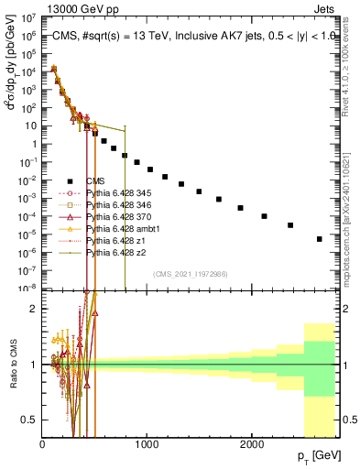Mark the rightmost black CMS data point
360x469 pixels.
tap(320, 239)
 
